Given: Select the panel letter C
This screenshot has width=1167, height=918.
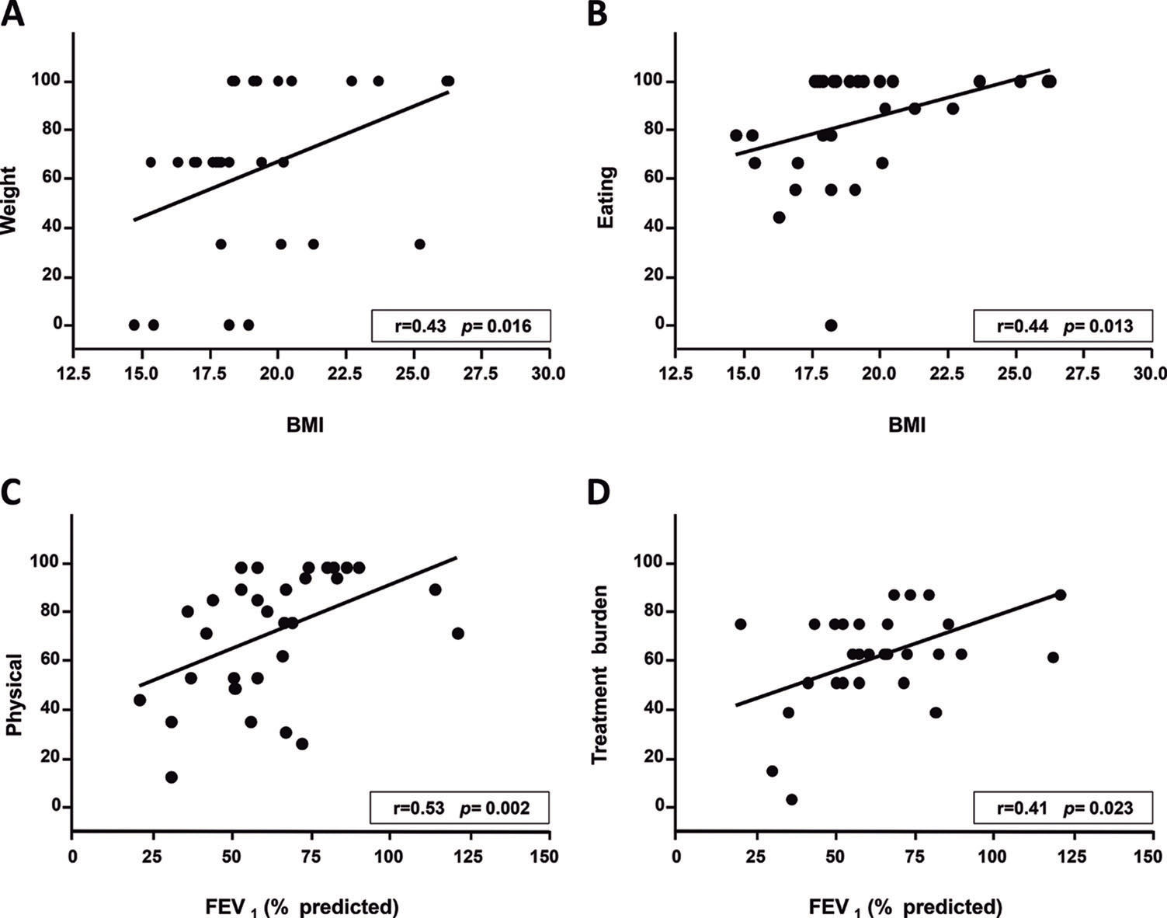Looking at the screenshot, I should pyautogui.click(x=12, y=492).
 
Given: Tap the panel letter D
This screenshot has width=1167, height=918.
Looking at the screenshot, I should pyautogui.click(x=599, y=492).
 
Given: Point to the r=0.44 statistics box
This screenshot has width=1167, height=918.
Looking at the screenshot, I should pyautogui.click(x=1064, y=326).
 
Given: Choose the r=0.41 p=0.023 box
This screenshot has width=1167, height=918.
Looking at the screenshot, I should pyautogui.click(x=1064, y=808).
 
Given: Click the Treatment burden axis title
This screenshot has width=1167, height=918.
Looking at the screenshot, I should pyautogui.click(x=599, y=673).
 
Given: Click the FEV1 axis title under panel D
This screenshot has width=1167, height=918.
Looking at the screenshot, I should pyautogui.click(x=905, y=906).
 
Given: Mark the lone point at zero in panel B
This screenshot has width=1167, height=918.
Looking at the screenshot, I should pyautogui.click(x=831, y=325).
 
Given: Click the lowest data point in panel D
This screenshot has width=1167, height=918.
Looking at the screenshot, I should pyautogui.click(x=791, y=799).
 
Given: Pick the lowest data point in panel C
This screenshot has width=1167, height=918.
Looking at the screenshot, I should pyautogui.click(x=172, y=777).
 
